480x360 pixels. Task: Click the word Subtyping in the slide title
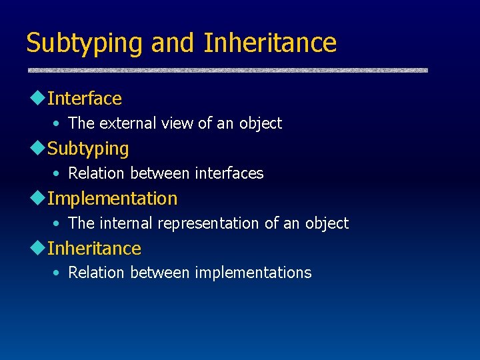[84, 43]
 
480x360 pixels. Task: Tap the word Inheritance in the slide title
[270, 43]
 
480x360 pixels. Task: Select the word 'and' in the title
[173, 43]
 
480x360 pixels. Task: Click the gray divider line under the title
[227, 69]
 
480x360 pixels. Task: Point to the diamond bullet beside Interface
[37, 98]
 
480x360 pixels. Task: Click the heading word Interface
[85, 99]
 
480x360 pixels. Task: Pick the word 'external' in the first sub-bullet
[126, 123]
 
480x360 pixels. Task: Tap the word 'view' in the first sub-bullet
[175, 123]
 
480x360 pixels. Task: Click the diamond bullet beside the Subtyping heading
[37, 148]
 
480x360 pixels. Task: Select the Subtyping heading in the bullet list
[88, 149]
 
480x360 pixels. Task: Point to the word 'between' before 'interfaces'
[160, 173]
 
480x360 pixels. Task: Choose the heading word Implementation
[112, 199]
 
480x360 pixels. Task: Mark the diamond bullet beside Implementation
[37, 198]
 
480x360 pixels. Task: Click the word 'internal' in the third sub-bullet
[124, 223]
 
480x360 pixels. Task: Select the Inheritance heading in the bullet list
[94, 249]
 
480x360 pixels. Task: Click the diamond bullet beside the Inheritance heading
[37, 248]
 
